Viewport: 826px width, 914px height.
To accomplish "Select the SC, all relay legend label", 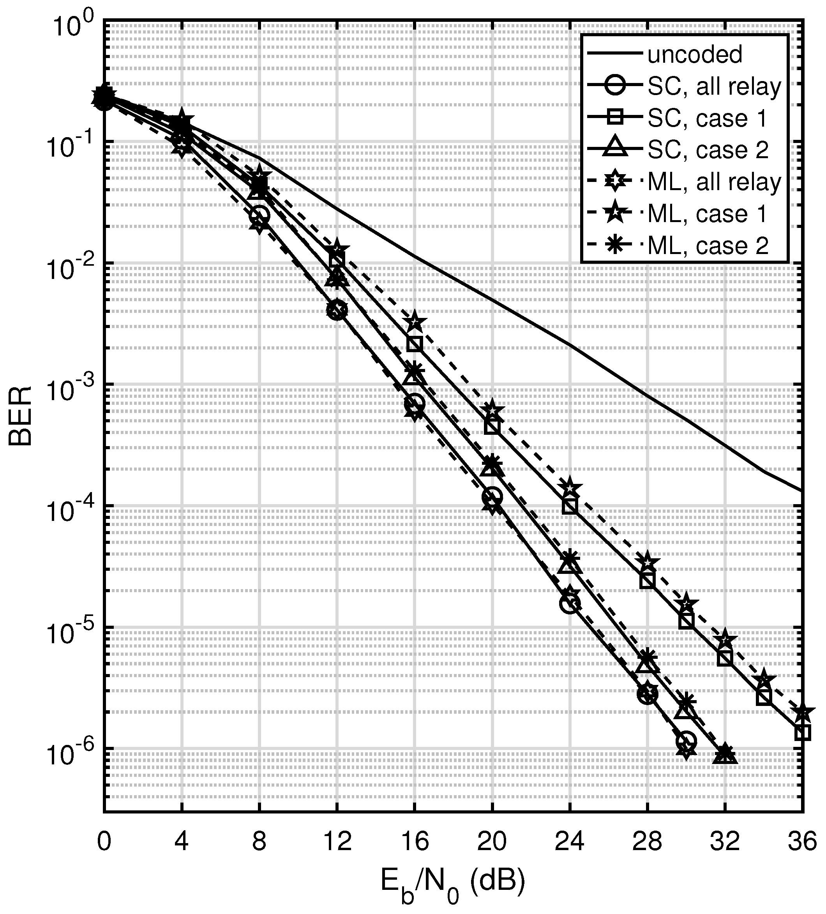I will click(715, 86).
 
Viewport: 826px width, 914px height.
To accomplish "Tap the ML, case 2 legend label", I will click(708, 246).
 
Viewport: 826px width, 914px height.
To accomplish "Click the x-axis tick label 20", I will click(492, 842).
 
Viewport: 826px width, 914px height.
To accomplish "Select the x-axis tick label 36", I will click(802, 842).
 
